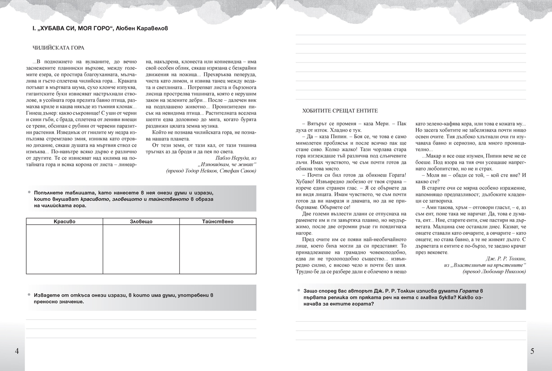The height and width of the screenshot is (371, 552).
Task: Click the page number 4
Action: click(17, 352)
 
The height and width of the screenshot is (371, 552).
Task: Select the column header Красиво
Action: click(64, 222)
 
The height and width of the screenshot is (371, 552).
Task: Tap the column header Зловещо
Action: click(140, 222)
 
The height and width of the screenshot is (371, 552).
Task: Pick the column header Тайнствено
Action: click(217, 222)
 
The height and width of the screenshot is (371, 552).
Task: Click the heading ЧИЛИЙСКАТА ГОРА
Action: click(58, 48)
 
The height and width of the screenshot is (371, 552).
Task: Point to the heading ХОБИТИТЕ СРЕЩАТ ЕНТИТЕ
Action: click(339, 111)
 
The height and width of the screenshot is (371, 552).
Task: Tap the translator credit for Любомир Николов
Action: click(494, 272)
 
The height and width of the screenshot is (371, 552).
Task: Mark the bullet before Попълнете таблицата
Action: click(29, 191)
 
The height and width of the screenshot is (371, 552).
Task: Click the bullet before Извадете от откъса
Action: click(29, 295)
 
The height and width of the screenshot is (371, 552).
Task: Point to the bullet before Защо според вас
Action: click(299, 291)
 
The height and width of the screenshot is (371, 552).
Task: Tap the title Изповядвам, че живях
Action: click(227, 164)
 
